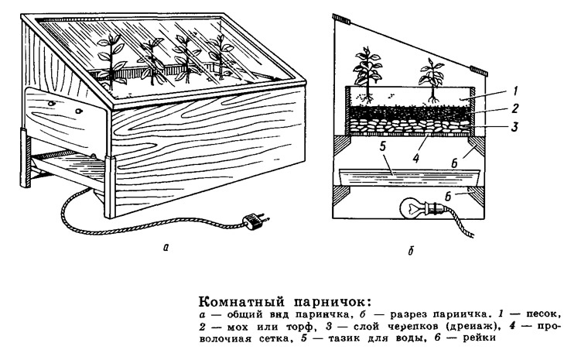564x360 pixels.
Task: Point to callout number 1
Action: [515, 91]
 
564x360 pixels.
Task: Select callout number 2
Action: [515, 108]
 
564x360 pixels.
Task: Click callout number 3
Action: [515, 127]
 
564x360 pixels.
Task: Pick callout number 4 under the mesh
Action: [416, 158]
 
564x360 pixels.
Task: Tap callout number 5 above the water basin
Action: [382, 146]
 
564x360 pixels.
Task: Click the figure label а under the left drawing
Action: [166, 247]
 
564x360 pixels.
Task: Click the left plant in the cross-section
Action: [367, 74]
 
